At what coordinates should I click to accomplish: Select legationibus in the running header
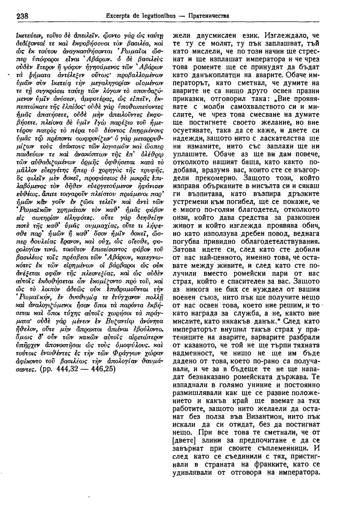coord(156,16)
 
